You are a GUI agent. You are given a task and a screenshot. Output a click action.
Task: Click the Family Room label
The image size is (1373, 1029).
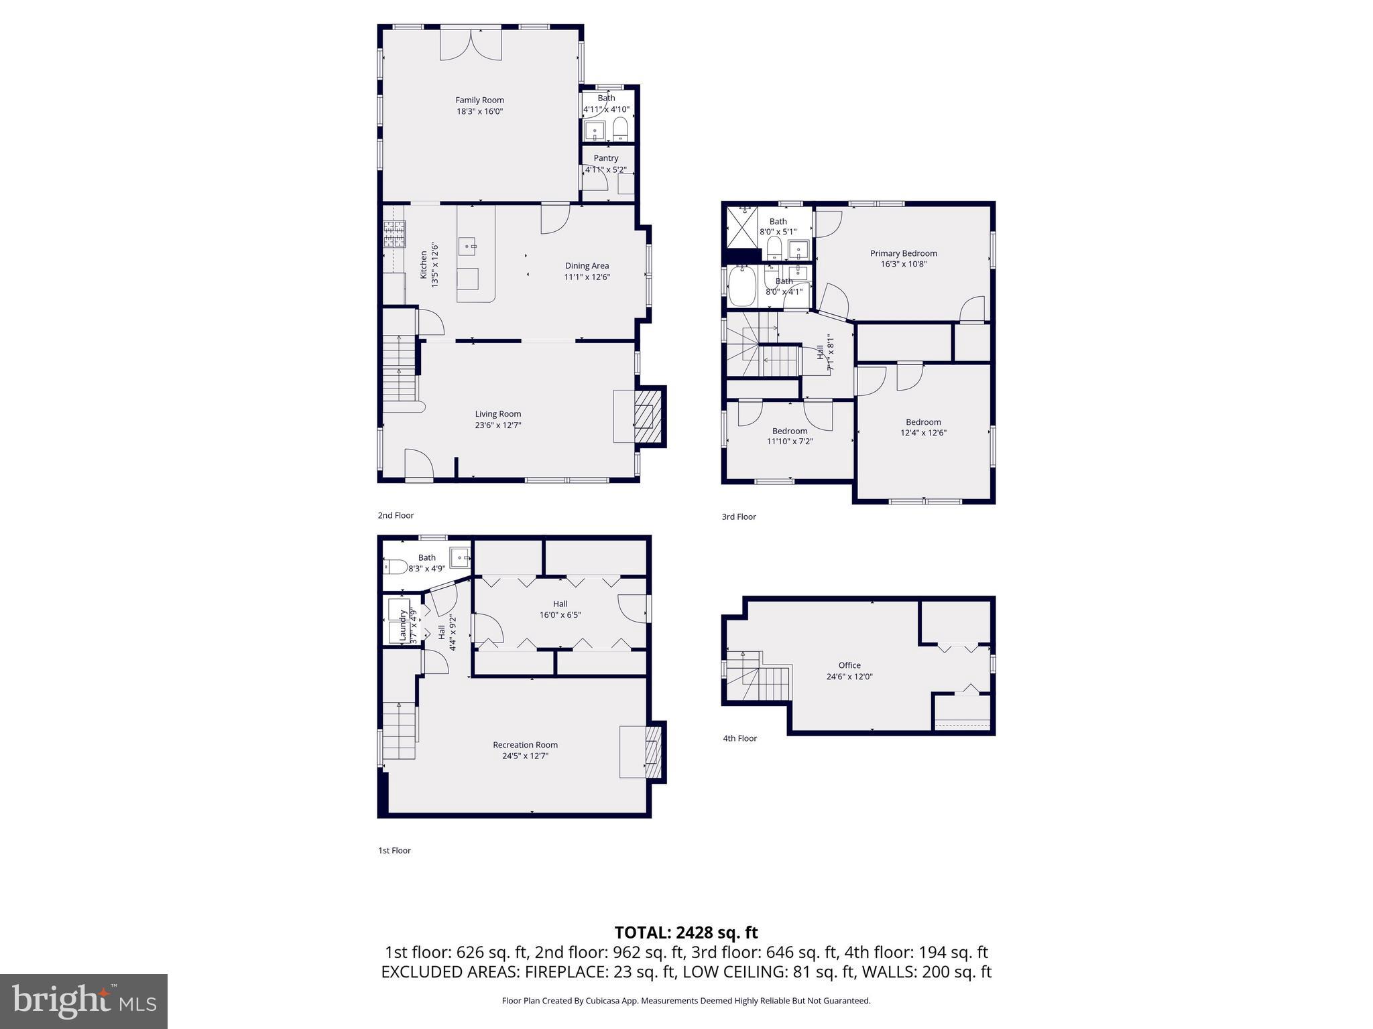point(479,100)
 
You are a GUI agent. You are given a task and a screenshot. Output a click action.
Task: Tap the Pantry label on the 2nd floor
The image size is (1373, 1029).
point(605,159)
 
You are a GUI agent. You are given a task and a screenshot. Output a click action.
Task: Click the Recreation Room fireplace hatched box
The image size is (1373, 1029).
point(653,751)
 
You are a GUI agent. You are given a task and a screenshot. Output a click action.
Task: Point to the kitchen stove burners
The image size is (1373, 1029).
point(394,234)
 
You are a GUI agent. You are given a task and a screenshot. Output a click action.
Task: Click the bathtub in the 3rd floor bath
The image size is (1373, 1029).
point(741,287)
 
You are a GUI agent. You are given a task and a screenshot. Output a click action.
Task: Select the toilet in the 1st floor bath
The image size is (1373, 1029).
point(395,567)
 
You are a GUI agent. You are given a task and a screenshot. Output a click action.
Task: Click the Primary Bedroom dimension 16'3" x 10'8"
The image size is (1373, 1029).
point(903,264)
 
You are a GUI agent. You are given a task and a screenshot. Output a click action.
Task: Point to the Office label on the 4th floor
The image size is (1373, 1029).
point(849,665)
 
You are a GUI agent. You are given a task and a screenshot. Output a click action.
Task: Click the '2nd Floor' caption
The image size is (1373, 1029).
point(396,515)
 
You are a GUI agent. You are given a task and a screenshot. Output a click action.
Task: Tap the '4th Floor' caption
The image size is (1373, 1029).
point(739,738)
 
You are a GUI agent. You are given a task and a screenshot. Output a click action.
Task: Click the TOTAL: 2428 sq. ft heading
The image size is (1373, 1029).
point(686,933)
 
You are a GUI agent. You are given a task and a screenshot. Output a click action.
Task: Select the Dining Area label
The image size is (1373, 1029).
point(587,266)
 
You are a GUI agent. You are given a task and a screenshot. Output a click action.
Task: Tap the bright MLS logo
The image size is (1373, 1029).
point(84,1001)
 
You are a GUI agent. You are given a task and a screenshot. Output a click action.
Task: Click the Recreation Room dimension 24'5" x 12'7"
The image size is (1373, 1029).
point(525,756)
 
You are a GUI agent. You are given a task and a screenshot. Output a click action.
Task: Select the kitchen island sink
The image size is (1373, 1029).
point(468,246)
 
